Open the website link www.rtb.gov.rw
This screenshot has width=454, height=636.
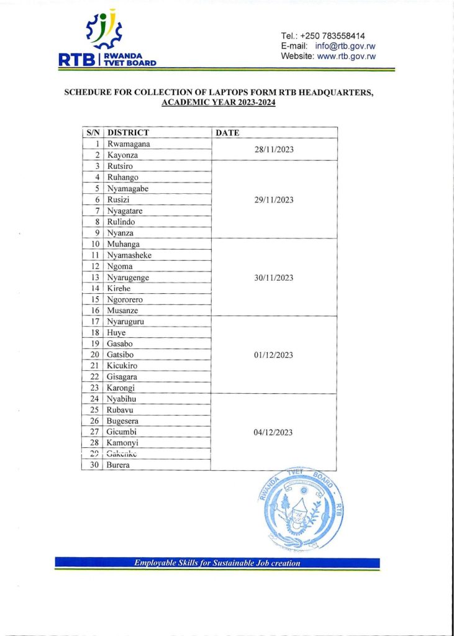[347, 57]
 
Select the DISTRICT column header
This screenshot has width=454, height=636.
[128, 132]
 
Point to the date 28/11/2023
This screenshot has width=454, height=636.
[273, 150]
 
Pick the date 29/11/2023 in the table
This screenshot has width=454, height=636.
[273, 200]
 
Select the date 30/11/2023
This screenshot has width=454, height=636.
[273, 278]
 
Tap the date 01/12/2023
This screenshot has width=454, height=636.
[273, 355]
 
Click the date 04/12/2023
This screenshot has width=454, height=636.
[273, 432]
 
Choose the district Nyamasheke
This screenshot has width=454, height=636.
[129, 255]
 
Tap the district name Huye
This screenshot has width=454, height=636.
[117, 333]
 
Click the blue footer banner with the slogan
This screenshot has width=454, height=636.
[217, 563]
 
